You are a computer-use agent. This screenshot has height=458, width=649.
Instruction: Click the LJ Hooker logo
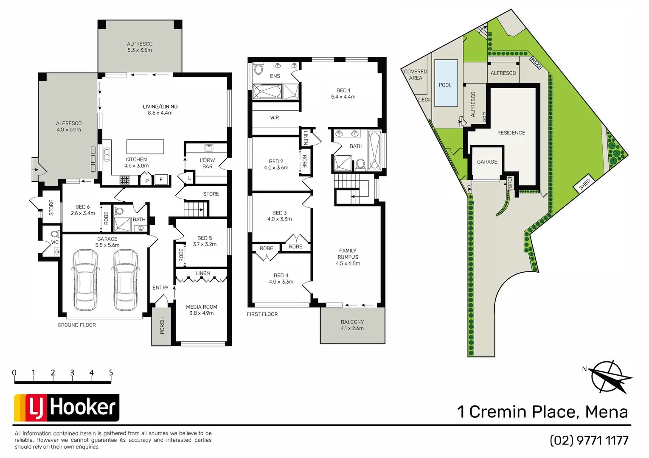pos(67,408)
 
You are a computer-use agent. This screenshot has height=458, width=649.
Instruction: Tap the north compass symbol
pos(610,377)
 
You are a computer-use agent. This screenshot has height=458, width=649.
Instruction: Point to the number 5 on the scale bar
pos(111,373)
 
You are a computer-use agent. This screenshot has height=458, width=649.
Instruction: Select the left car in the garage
pos(85,280)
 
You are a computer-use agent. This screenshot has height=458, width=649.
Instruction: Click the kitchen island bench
pos(145,146)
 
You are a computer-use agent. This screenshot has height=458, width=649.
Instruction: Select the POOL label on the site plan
pos(445,85)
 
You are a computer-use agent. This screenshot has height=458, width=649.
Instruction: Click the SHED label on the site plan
pos(585,184)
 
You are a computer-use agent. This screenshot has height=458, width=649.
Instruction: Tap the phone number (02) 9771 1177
pos(589,441)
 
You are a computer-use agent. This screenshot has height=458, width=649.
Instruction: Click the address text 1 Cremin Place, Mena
pos(542,412)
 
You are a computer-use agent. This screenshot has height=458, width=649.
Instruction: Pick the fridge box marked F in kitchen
pos(161,180)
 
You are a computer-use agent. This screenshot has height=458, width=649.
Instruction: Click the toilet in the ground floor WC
pos(54,234)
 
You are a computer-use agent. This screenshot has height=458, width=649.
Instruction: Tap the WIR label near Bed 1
pos(275,118)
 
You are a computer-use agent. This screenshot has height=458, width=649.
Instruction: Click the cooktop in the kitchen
pos(124,180)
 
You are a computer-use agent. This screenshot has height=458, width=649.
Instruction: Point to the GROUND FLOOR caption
pos(77,325)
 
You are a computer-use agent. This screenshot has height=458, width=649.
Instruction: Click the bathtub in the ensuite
pos(267,92)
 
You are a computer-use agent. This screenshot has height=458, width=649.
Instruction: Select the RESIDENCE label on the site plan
pos(511,133)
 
